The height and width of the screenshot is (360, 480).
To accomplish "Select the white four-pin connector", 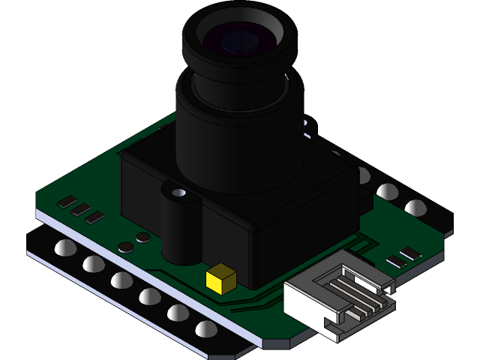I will (x=338, y=296).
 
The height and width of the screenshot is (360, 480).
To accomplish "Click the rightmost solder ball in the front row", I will (x=205, y=328).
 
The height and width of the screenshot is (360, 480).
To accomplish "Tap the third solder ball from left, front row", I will (x=121, y=280).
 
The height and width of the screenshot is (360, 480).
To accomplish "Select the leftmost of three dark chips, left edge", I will (x=67, y=202).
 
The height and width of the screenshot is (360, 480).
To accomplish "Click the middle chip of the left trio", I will (x=81, y=210).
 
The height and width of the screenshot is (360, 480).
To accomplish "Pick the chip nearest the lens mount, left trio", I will (x=94, y=217).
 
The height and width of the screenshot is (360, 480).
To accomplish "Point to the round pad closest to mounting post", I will (x=142, y=238).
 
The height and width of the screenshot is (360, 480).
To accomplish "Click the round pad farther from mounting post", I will (x=126, y=247).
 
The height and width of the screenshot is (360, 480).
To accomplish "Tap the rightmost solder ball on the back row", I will (x=415, y=207).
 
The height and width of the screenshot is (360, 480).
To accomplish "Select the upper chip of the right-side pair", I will (x=410, y=253).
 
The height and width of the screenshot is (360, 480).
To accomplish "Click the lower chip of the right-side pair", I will (x=394, y=262).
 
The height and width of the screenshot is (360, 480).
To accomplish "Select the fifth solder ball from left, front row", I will (x=177, y=312).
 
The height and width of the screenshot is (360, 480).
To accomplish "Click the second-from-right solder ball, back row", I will (x=387, y=191).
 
